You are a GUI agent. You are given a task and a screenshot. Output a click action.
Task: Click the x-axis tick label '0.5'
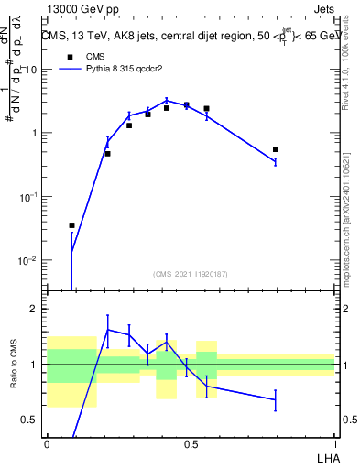[191, 443]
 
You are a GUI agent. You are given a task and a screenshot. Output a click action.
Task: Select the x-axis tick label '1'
[334, 443]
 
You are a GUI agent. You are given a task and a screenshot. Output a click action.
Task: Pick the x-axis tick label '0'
[47, 443]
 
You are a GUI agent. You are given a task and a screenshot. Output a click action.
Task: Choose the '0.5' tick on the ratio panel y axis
[32, 420]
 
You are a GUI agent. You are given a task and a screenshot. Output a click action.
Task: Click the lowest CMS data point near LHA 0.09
[72, 225]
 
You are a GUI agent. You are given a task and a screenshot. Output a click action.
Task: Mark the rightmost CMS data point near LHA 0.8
[275, 149]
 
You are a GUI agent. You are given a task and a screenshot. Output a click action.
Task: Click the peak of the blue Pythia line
[166, 100]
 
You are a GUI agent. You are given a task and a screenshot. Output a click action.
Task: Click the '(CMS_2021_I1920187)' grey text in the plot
[190, 274]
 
